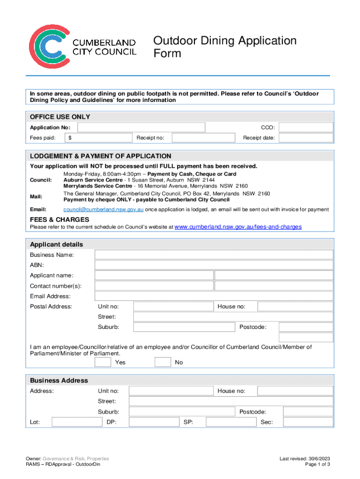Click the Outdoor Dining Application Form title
tap(225, 47)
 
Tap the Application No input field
tap(141, 128)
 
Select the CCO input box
tap(306, 128)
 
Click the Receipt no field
tap(203, 138)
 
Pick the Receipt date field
tap(306, 138)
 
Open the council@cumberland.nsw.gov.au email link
tap(103, 210)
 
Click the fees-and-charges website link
tap(238, 227)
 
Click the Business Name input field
tap(214, 255)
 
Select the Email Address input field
tap(214, 296)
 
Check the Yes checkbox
tap(103, 362)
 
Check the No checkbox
tap(163, 362)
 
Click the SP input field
tap(230, 422)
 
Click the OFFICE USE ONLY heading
tap(60, 116)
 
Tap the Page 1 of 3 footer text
tap(317, 464)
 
